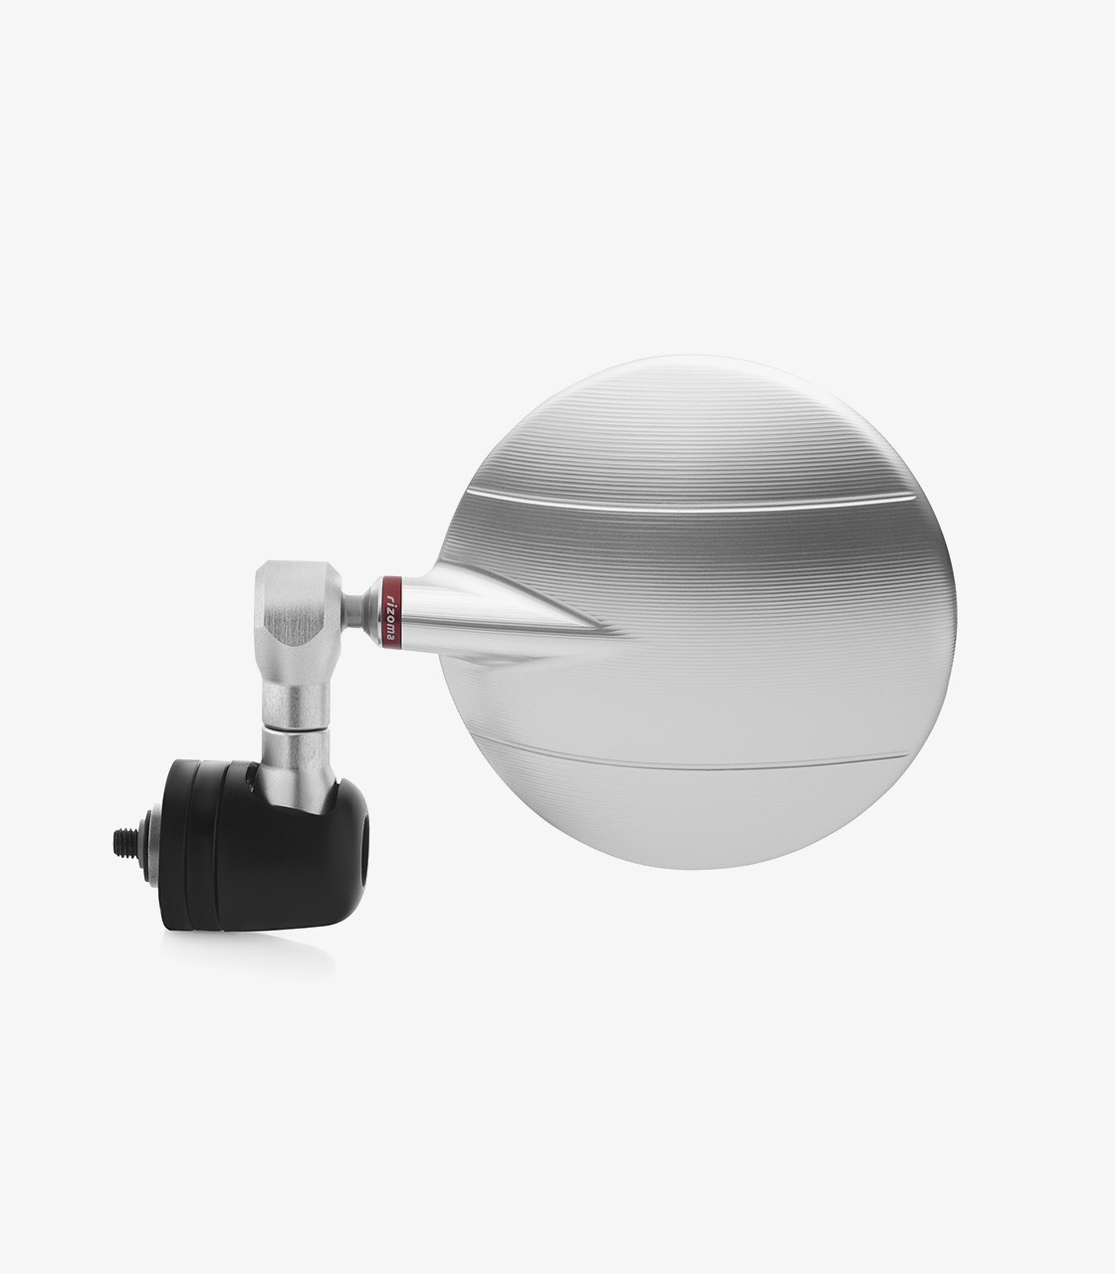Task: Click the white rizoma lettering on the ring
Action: (391, 613)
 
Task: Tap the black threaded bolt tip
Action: (125, 844)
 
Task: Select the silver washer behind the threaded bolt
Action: (149, 846)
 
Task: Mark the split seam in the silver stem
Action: (296, 727)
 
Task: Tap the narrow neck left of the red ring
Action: (355, 610)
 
